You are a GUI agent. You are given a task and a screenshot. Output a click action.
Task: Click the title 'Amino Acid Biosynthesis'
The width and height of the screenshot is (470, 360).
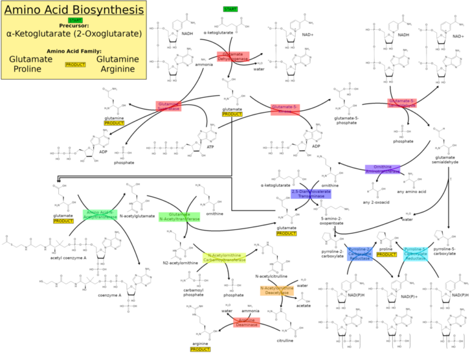click(x=74, y=10)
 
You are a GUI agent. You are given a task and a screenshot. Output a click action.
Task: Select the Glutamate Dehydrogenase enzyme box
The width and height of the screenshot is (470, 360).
click(x=233, y=56)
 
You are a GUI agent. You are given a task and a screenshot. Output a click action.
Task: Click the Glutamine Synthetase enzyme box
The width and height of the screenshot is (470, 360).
click(x=168, y=106)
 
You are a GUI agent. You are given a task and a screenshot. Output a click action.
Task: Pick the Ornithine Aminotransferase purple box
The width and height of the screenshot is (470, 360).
click(x=382, y=170)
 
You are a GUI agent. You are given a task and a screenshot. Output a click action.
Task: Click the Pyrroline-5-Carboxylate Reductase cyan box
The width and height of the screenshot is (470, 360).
click(x=421, y=253)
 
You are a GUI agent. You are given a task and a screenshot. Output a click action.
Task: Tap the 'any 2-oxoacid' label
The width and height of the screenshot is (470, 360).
click(x=375, y=203)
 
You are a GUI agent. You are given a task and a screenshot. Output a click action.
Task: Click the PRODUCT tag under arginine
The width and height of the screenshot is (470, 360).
click(x=200, y=350)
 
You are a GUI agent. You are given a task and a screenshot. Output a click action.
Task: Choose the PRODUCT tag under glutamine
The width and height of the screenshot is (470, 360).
click(x=114, y=123)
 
